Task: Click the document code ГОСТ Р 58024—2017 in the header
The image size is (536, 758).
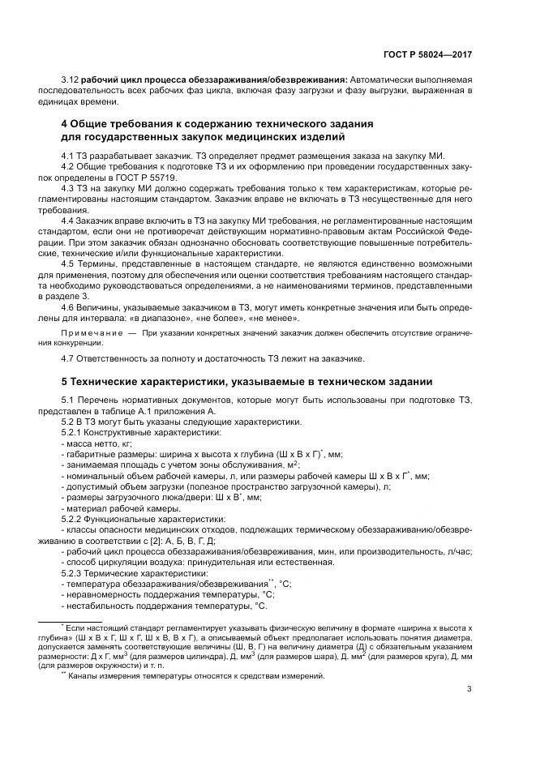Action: (x=427, y=54)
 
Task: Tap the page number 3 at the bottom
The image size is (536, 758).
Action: (x=470, y=691)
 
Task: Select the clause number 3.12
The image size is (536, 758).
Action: (x=71, y=79)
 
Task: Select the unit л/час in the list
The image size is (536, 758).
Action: (x=458, y=550)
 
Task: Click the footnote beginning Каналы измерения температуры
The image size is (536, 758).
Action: (x=195, y=676)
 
